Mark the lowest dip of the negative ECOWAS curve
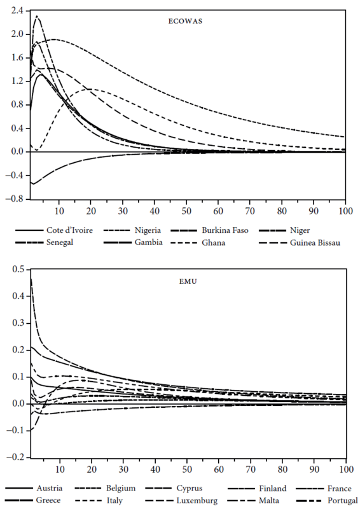click(x=33, y=185)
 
